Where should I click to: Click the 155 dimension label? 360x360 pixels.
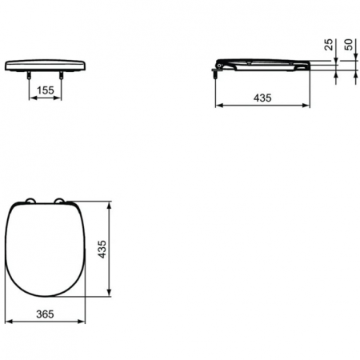point(46,91)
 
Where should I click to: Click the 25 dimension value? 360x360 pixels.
point(330,46)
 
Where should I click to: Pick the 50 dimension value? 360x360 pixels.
point(349,46)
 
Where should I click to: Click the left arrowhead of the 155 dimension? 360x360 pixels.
point(32,101)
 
